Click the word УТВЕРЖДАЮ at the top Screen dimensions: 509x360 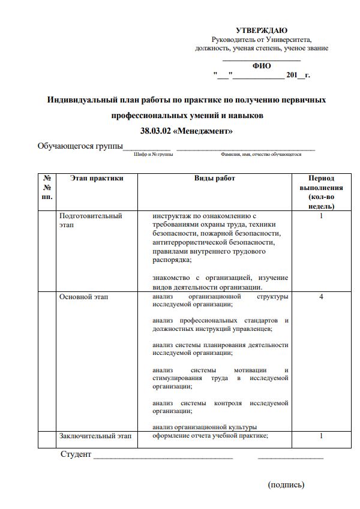(x=262, y=31)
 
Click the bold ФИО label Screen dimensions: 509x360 (x=262, y=66)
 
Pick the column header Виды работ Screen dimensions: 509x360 (x=215, y=178)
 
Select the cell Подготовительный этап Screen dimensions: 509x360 (x=90, y=220)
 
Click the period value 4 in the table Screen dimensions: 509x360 (x=321, y=297)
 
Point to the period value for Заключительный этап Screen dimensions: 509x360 (x=321, y=436)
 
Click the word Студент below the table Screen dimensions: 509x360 (x=76, y=454)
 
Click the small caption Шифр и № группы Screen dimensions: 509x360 (x=154, y=155)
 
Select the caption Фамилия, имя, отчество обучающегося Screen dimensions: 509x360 (x=260, y=155)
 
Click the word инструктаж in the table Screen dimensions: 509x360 (x=170, y=216)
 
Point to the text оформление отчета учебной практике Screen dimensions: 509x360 (x=209, y=436)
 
